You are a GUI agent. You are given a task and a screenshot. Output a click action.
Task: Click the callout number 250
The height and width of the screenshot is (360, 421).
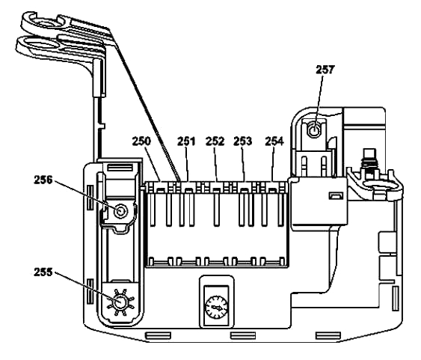click(141, 141)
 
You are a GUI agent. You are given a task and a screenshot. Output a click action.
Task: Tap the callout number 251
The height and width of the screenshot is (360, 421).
click(187, 141)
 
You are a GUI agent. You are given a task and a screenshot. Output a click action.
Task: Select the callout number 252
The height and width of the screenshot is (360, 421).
click(215, 141)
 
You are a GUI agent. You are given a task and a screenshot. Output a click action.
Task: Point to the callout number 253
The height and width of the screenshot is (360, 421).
click(243, 141)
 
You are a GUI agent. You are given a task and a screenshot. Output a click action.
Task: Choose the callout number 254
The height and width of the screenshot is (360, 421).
click(274, 141)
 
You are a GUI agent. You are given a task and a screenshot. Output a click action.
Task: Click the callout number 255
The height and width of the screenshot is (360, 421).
click(43, 272)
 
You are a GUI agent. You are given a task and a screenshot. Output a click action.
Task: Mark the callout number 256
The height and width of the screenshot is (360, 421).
click(43, 180)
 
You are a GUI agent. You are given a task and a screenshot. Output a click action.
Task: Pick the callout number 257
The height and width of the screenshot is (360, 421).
click(325, 70)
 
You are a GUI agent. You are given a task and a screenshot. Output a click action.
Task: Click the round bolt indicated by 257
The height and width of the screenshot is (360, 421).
click(314, 131)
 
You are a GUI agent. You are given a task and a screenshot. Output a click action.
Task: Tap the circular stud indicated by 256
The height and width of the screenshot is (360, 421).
click(120, 211)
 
